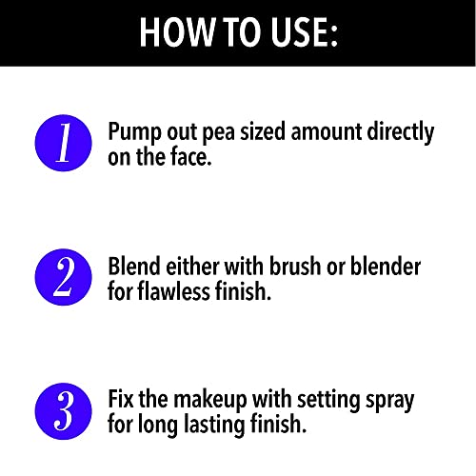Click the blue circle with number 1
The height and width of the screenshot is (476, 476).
pos(64,142)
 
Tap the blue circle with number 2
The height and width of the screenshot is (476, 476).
pos(64,277)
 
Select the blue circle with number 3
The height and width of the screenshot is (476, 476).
pos(64,411)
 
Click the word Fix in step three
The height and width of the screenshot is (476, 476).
pos(123,401)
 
